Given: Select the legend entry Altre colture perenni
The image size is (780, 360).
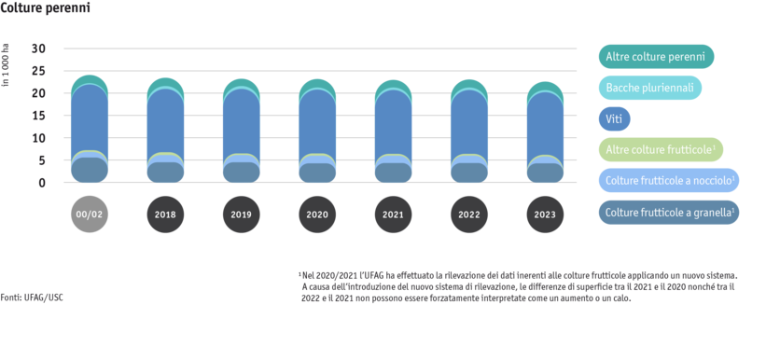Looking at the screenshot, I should pos(655,58).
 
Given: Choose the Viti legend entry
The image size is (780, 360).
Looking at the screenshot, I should pos(614,119).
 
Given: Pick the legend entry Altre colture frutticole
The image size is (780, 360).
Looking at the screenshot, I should pos(660,150).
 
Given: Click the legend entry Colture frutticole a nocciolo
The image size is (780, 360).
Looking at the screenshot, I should pos(668,181).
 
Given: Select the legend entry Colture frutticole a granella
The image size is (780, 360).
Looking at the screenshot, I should pos(669,212).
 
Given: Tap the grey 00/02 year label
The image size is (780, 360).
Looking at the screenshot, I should pos(89,215).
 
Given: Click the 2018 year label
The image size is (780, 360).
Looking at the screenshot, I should pos(165,215).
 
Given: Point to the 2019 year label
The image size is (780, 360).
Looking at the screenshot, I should pos(242,215).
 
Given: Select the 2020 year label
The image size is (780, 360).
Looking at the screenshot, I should pos(317,215).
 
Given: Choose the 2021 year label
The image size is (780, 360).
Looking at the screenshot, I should pos(393,215).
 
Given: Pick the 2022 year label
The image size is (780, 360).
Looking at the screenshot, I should pos(468,215).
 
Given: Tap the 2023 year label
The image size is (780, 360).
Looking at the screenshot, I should pos(545,215).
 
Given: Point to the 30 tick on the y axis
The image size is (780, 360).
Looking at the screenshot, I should pos(38,48).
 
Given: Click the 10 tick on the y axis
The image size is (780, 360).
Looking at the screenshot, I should pos(38,138).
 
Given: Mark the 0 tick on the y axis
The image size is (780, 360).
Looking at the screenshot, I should pos(42,183).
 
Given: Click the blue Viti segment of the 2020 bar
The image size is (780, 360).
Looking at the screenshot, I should pos(317,121).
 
